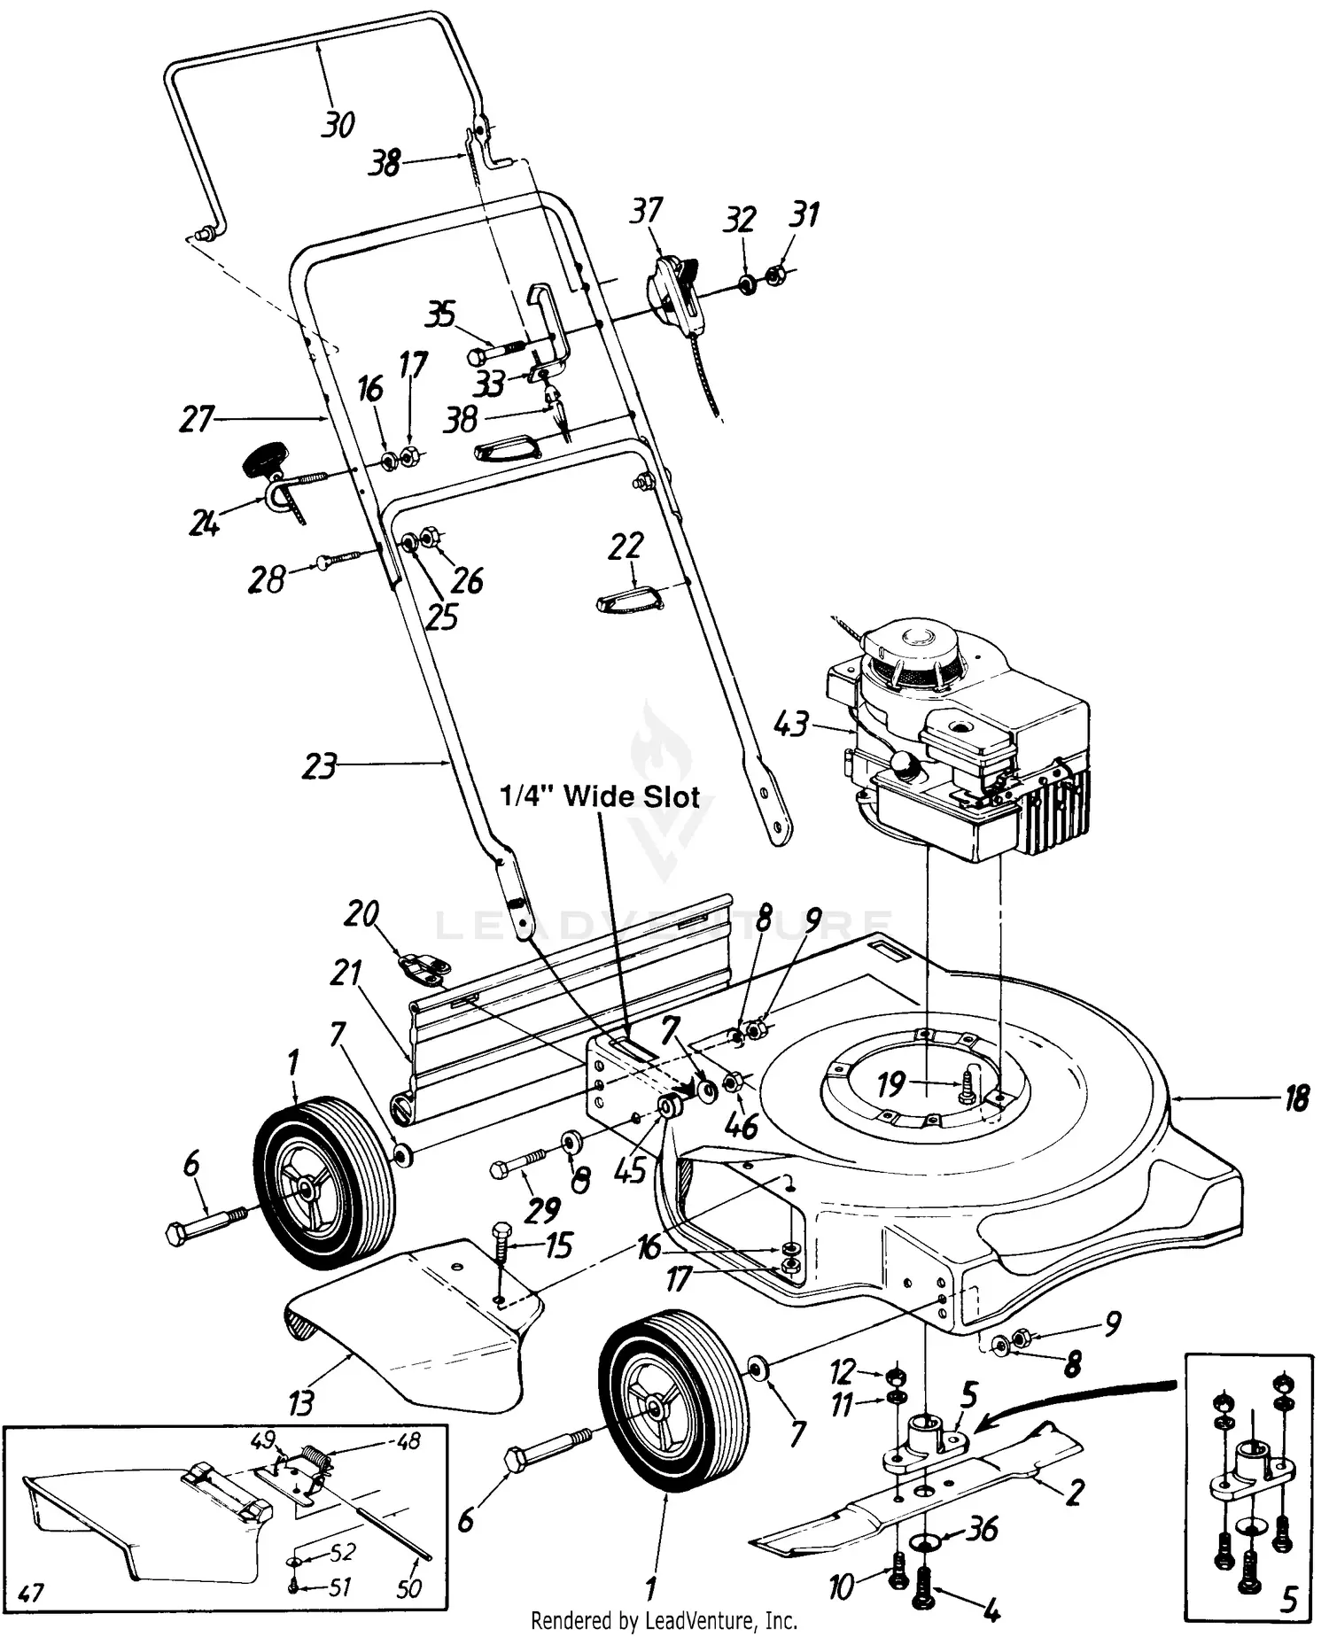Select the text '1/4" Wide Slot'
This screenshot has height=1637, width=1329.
click(x=600, y=797)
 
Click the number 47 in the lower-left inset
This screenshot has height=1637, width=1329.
click(x=31, y=1595)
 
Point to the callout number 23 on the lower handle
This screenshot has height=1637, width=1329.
click(x=319, y=765)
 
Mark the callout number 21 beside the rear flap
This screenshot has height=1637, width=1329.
click(x=346, y=975)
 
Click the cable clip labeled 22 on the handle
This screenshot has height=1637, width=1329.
click(x=627, y=602)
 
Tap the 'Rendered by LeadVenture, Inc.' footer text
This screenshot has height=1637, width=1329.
click(x=664, y=1621)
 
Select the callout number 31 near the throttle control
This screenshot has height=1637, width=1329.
click(x=804, y=214)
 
